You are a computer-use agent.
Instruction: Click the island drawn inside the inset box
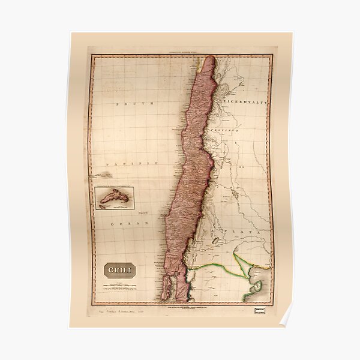click(x=113, y=196)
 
